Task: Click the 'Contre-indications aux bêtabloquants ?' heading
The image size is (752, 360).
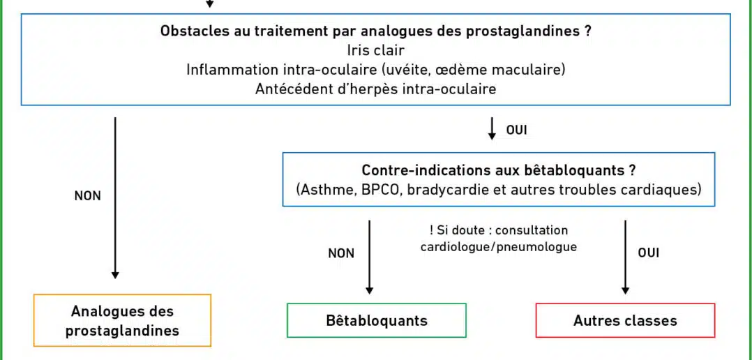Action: coord(499,171)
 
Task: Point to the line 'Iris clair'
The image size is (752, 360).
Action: coord(375,50)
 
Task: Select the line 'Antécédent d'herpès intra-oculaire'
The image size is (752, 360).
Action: coord(375,89)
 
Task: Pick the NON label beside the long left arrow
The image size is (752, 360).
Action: coord(88,196)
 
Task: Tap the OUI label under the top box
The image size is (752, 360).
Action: coord(516,130)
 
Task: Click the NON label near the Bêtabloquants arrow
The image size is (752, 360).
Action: coord(341,253)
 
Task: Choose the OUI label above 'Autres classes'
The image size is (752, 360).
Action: coord(649,253)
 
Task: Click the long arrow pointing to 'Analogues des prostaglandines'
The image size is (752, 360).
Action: coord(115,198)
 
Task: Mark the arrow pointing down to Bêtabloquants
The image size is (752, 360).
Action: coord(369,257)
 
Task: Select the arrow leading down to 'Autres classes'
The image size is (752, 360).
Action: coord(625,257)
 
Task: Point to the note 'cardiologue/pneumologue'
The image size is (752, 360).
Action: coord(498,248)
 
